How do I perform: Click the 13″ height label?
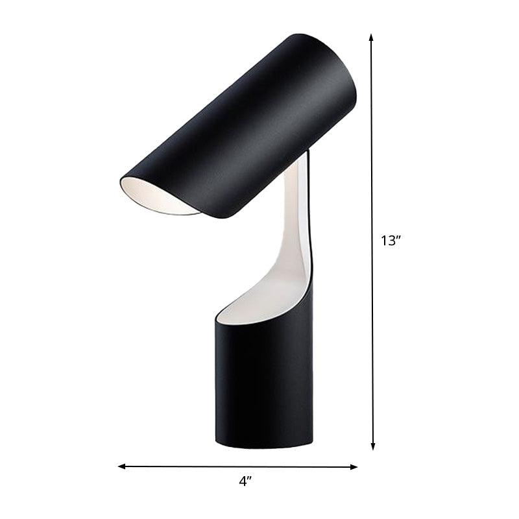[391, 241]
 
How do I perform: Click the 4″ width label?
[245, 481]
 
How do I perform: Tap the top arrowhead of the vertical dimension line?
[372, 38]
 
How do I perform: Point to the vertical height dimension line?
[372, 162]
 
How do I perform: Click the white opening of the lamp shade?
[156, 199]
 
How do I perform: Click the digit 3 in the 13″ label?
[391, 241]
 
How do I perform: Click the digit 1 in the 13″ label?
[384, 241]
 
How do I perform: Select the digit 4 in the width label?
[242, 481]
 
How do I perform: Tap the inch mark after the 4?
[250, 478]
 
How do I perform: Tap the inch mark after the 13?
[399, 237]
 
